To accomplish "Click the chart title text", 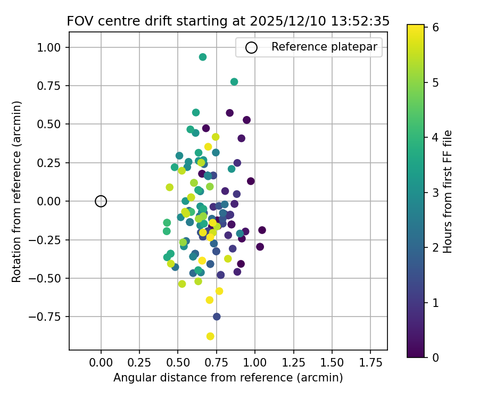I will pyautogui.click(x=228, y=21).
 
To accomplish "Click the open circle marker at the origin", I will pyautogui.click(x=101, y=201).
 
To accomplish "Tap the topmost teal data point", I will pyautogui.click(x=203, y=57).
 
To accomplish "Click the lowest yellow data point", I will pyautogui.click(x=210, y=336).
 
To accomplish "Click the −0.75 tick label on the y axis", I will pyautogui.click(x=49, y=317).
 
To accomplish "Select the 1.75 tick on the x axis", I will pyautogui.click(x=371, y=350).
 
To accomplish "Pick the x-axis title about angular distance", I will pyautogui.click(x=228, y=378).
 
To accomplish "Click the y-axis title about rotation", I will pyautogui.click(x=16, y=192).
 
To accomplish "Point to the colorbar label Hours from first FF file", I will pyautogui.click(x=448, y=192).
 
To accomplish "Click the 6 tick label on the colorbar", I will pyautogui.click(x=435, y=28).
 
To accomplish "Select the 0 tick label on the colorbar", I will pyautogui.click(x=435, y=357).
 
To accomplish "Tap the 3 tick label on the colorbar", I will pyautogui.click(x=435, y=193).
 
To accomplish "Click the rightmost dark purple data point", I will pyautogui.click(x=262, y=230).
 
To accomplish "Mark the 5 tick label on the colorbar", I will pyautogui.click(x=435, y=82).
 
